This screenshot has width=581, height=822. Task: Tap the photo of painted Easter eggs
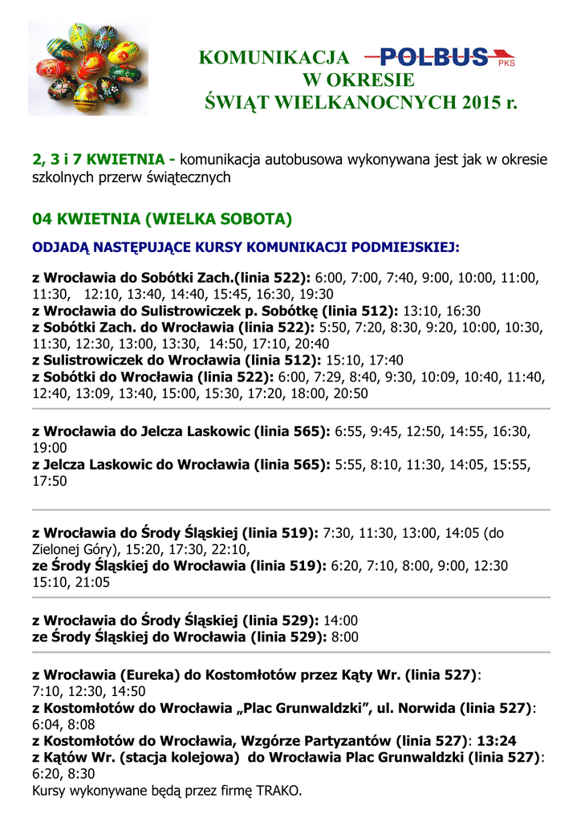(87, 67)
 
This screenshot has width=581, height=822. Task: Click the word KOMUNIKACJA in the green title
(274, 58)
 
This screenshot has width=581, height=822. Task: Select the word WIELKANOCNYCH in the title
(367, 104)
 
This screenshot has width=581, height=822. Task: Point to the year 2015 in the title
(480, 104)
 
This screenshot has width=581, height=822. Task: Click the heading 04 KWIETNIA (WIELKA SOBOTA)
(161, 219)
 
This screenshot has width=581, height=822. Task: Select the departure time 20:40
(311, 344)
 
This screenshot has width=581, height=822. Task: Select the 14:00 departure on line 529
(340, 621)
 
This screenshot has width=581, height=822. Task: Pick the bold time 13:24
(498, 741)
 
